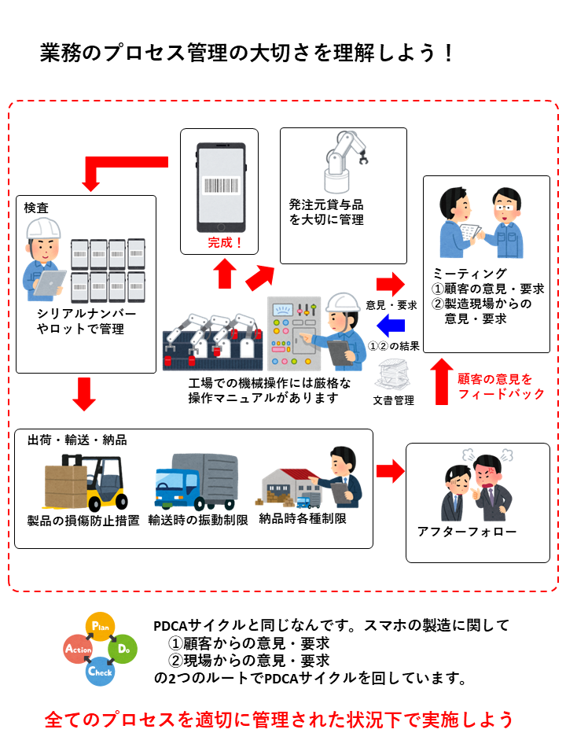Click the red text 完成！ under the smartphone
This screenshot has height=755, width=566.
click(x=226, y=243)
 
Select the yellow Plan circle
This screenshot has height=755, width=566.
click(x=100, y=626)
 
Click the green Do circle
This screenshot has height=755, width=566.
click(x=122, y=649)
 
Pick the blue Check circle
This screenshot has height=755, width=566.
click(x=100, y=672)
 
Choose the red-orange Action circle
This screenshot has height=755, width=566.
click(x=78, y=650)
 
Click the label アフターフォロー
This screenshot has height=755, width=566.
click(x=467, y=532)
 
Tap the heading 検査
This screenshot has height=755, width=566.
click(x=37, y=208)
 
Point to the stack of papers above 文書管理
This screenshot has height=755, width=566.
click(x=394, y=374)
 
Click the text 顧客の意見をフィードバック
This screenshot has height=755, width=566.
click(x=500, y=386)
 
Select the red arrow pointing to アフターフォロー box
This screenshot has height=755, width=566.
click(x=388, y=471)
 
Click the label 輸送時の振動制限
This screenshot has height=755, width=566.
click(x=198, y=520)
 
